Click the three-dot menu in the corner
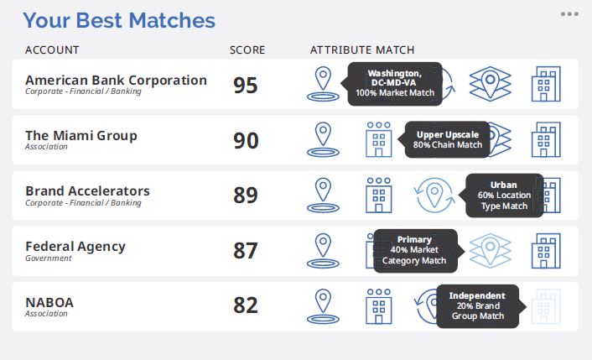pos(569,14)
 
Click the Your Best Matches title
pos(119,20)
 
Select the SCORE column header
pos(247,50)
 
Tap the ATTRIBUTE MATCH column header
pos(362,50)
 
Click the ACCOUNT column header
pos(52,50)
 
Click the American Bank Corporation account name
pos(116,80)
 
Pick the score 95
pos(246,85)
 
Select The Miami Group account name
pos(81,136)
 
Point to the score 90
pos(246,140)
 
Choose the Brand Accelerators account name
pos(87,191)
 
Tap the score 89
pos(246,196)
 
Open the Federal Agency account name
pos(75,247)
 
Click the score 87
pos(246,250)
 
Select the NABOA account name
pos(49,303)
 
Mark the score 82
pos(246,305)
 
